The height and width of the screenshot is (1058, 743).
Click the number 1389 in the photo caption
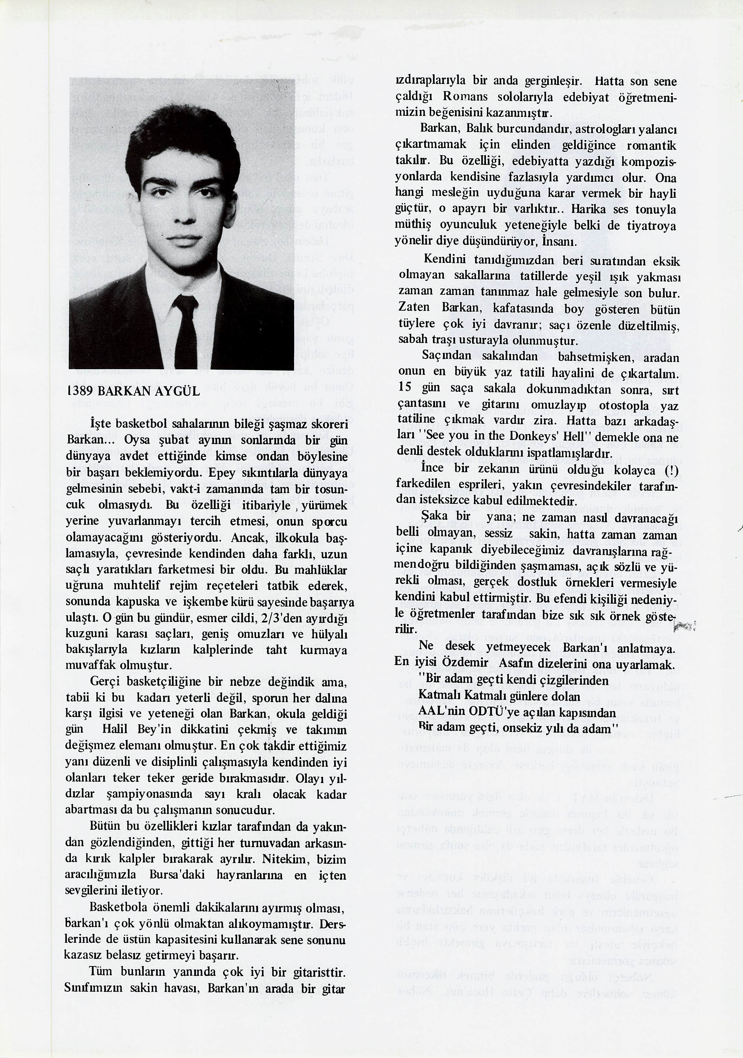(x=80, y=391)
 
